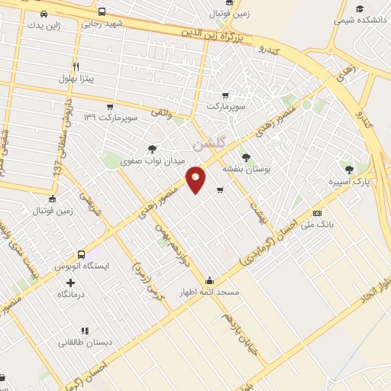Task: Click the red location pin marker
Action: [x=196, y=179]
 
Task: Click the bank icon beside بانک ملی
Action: [x=317, y=213]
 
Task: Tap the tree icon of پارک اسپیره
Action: [x=350, y=170]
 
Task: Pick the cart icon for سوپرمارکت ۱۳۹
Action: [x=110, y=106]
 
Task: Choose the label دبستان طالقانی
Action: [x=85, y=343]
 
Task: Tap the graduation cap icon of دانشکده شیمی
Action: [x=358, y=8]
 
